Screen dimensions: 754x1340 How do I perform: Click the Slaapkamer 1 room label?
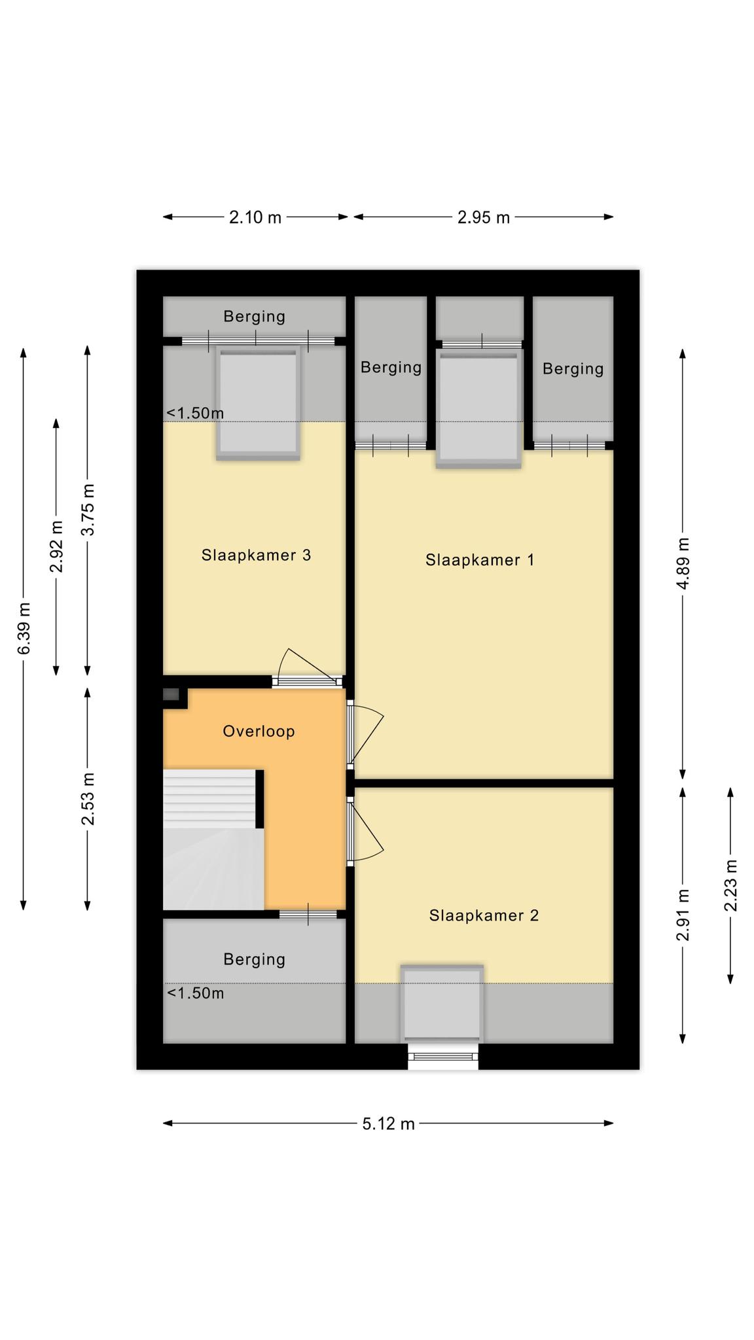(480, 560)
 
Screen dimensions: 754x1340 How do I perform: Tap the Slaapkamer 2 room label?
(484, 915)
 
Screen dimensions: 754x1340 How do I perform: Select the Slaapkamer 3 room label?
(256, 555)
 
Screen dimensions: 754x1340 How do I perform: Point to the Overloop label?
(259, 731)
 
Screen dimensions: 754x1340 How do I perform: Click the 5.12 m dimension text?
(388, 1123)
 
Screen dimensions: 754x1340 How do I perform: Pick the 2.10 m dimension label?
(255, 217)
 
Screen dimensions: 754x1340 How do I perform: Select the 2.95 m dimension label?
(483, 217)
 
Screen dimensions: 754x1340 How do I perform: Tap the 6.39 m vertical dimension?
(24, 628)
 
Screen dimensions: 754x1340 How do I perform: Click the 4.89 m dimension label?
(683, 563)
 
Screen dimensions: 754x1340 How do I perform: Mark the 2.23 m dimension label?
(730, 885)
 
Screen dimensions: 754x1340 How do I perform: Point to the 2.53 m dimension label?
(88, 799)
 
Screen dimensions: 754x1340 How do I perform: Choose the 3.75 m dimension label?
(88, 510)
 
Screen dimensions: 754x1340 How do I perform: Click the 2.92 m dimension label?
(56, 546)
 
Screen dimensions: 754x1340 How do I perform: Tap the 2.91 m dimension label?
(683, 915)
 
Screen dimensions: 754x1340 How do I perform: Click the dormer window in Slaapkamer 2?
(442, 1003)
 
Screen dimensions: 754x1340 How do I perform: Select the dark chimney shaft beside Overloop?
(171, 694)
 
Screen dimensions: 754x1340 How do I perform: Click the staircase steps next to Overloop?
(209, 799)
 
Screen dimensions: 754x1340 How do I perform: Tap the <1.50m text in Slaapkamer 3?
(195, 413)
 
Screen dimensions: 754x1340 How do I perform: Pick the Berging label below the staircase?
(255, 959)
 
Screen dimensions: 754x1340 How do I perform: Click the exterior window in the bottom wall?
(443, 1056)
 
